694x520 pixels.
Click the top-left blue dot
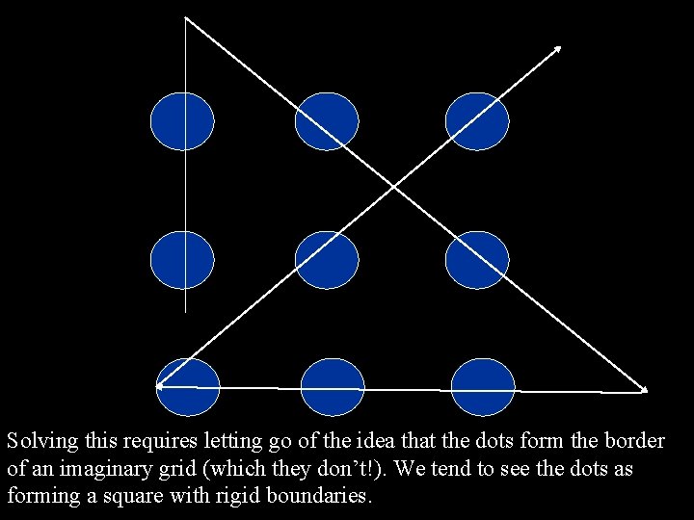point(182,121)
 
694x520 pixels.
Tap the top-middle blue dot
point(327,121)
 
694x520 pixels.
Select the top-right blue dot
point(477,121)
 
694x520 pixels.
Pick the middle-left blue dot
point(182,260)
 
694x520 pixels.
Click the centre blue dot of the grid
point(327,260)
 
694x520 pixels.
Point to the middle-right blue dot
point(477,260)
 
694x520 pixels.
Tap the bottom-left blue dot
point(188,386)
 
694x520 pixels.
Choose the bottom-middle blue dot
point(333,387)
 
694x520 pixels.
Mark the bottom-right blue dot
point(483,387)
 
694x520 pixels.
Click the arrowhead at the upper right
point(558,47)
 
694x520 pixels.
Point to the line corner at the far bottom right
point(645,391)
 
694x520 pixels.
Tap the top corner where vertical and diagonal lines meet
point(185,18)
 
